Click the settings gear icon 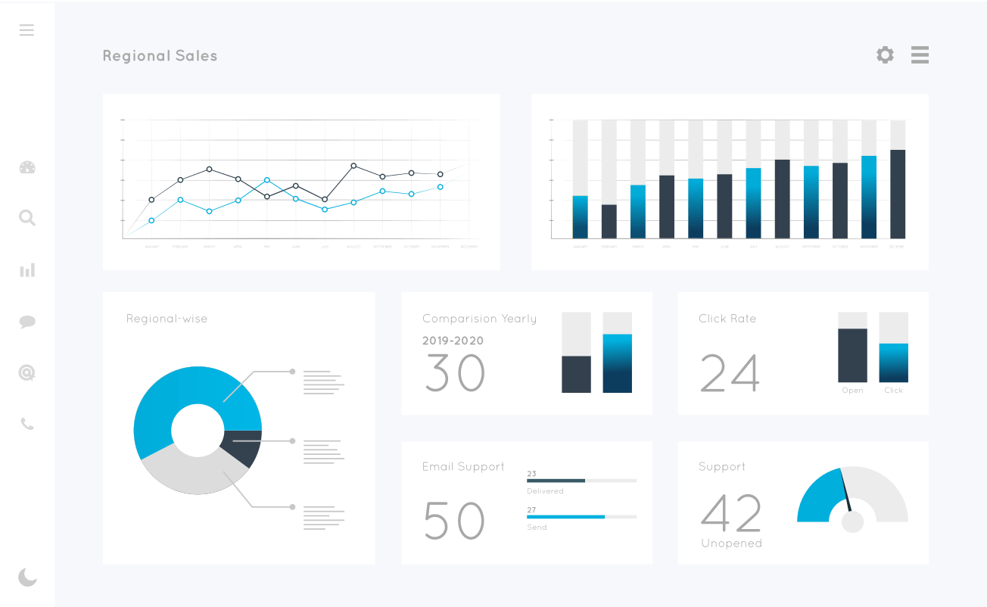(885, 54)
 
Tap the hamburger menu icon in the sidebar (26, 30)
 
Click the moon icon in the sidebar (27, 577)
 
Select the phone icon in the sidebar (27, 424)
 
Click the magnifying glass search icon (27, 218)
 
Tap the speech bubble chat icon (27, 322)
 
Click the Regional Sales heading (160, 56)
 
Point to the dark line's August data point (353, 166)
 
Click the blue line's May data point (267, 180)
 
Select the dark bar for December (898, 195)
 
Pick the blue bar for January (581, 217)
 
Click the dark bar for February (609, 222)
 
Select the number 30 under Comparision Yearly (454, 372)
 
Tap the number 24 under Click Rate (730, 372)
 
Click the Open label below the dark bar (852, 391)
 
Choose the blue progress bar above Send (565, 516)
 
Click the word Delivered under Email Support (545, 491)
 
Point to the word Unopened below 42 (731, 543)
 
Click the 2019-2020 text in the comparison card (453, 341)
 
